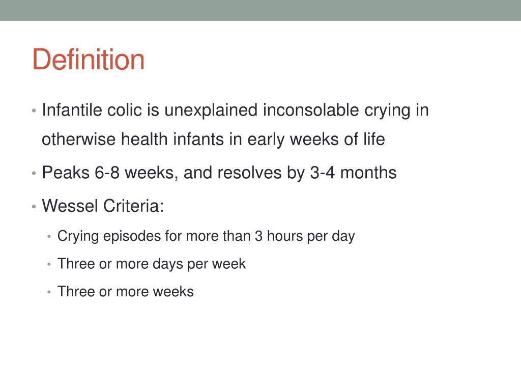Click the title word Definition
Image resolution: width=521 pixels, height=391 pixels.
(x=88, y=60)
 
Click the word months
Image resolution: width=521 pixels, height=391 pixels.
(x=368, y=173)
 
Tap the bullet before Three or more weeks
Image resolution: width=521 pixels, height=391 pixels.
(x=49, y=292)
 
